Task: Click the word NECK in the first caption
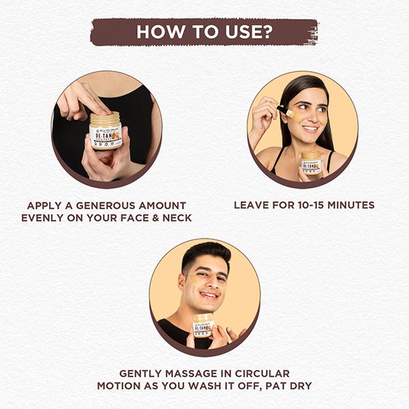point(174,218)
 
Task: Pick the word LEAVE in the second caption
point(252,205)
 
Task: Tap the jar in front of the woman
point(312,162)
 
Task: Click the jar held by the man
point(203,324)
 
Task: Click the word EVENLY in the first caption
point(44,218)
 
